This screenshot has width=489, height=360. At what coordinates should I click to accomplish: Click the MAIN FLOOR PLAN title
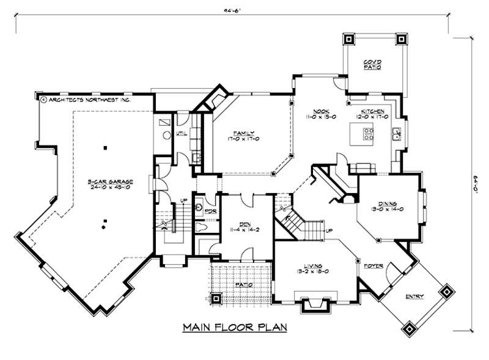pos(235,328)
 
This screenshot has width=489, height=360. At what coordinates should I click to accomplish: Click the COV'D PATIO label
pos(372,65)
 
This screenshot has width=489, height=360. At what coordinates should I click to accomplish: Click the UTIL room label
pos(181,132)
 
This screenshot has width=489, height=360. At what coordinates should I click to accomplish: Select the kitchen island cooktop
pos(369,134)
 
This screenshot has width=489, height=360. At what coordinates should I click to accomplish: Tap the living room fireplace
pos(314,301)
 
